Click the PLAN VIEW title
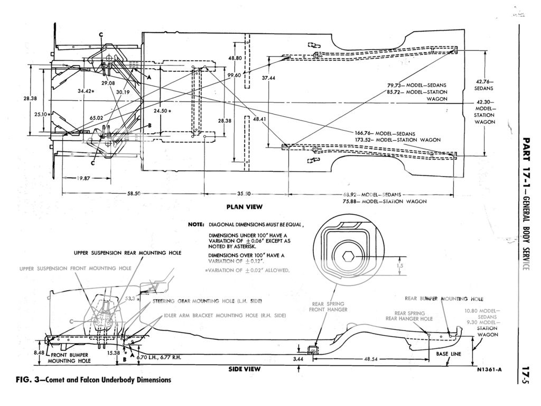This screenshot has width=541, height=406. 244,206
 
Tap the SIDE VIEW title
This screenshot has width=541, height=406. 244,368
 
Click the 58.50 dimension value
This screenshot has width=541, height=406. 134,194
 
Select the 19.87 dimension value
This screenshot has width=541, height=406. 82,178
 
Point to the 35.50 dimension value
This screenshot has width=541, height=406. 244,194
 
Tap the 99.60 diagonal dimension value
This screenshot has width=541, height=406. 235,76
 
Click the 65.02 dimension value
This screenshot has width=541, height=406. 96,118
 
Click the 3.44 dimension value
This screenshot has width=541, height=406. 299,358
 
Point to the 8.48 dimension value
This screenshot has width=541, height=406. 39,353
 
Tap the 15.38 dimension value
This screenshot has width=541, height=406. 113,353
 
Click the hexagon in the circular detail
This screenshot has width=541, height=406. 349,256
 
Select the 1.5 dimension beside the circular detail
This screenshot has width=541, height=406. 401,266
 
